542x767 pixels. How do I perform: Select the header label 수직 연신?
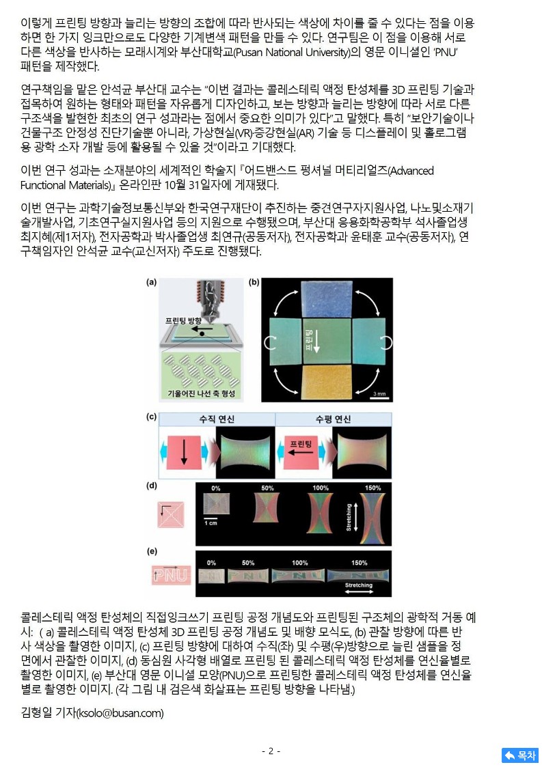217,419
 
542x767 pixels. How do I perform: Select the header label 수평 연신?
333,419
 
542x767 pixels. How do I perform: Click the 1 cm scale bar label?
211,523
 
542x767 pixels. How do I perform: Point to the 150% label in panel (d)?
372,488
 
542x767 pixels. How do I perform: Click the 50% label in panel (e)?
248,563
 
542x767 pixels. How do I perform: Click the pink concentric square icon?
171,514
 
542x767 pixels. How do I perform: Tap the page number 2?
271,751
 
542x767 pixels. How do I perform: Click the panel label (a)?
151,282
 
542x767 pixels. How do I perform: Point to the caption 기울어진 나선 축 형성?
201,393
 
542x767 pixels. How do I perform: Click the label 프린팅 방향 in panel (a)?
183,321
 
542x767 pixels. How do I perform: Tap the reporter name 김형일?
37,712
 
